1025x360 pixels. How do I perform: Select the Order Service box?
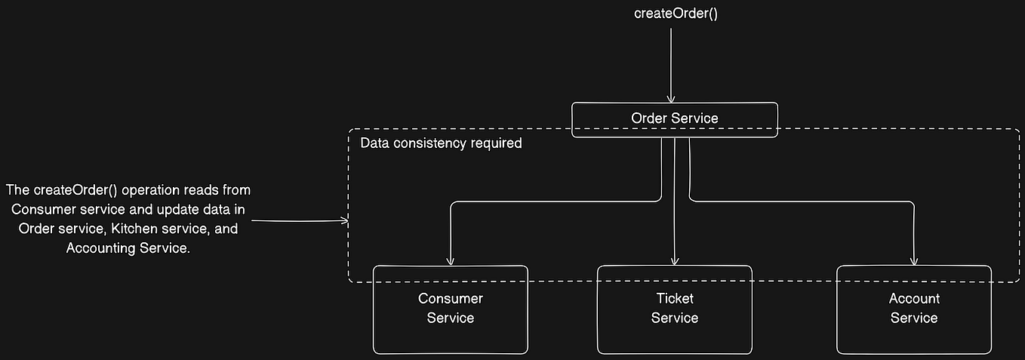click(674, 119)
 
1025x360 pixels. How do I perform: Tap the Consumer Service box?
click(450, 309)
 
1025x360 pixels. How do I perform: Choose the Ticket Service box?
click(674, 309)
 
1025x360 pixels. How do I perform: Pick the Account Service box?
click(913, 309)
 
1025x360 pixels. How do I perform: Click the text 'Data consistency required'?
click(441, 143)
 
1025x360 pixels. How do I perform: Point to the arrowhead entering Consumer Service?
click(450, 260)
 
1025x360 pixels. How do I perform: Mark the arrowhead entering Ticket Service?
click(675, 260)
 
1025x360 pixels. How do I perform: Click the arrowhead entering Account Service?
click(914, 260)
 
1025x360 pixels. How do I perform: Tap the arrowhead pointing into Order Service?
click(669, 98)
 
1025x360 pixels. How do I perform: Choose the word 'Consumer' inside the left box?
click(451, 299)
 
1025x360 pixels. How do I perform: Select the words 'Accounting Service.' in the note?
click(128, 248)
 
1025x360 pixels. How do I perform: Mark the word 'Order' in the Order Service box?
click(648, 118)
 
